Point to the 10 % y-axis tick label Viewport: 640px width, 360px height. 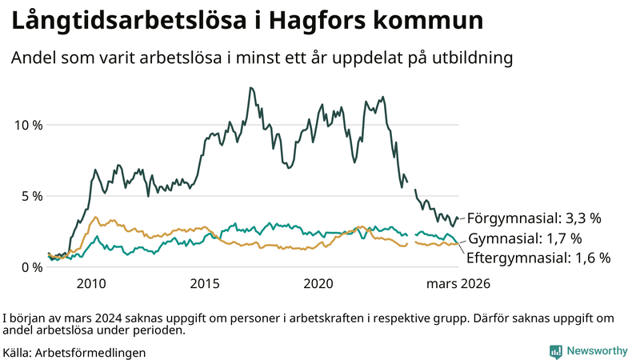pyautogui.click(x=27, y=125)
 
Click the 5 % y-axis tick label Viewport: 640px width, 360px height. pyautogui.click(x=31, y=196)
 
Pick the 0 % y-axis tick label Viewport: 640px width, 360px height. pyautogui.click(x=31, y=267)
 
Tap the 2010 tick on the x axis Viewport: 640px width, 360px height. pyautogui.click(x=91, y=283)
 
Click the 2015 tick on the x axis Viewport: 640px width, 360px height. pyautogui.click(x=205, y=283)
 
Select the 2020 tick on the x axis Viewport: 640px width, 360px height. pyautogui.click(x=319, y=283)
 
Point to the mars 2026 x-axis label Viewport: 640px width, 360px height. pyautogui.click(x=458, y=283)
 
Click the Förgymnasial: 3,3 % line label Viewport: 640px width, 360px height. pyautogui.click(x=534, y=218)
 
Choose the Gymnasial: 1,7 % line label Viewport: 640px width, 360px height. pyautogui.click(x=524, y=238)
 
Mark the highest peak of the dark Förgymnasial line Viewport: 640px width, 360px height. pyautogui.click(x=250, y=88)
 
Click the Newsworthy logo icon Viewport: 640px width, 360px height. pyautogui.click(x=555, y=351)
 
